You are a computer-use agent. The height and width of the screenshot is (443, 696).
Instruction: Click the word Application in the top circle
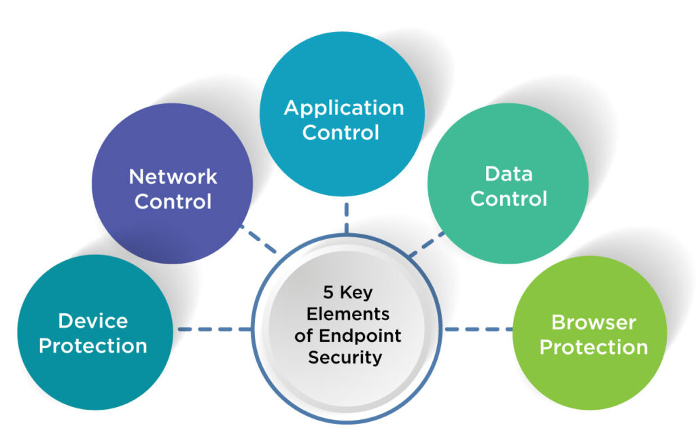[343, 107]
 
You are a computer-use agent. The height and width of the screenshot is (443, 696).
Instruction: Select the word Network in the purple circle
[173, 177]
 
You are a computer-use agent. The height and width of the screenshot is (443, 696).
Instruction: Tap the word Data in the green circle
[508, 173]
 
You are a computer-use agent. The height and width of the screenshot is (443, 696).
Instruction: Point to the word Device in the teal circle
[92, 321]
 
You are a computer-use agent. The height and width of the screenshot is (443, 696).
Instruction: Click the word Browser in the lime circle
[593, 322]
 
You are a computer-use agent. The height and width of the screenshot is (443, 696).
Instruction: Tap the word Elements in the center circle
[348, 315]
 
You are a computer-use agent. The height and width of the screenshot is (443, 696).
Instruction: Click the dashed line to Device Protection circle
[214, 330]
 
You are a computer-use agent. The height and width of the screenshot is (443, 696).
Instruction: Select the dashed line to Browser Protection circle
[478, 330]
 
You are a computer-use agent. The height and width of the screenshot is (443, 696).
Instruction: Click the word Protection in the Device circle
[92, 345]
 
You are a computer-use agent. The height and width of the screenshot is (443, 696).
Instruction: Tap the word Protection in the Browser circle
[593, 347]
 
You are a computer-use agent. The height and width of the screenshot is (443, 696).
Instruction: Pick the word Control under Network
[173, 202]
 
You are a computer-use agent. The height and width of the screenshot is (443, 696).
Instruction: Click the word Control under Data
[508, 198]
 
